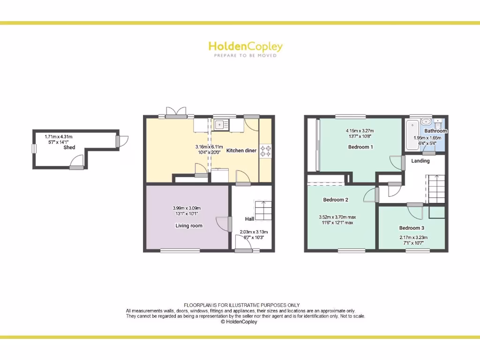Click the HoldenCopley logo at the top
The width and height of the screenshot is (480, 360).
coord(245,46)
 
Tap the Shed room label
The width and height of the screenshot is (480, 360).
coord(69,147)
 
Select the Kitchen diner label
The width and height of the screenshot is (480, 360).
coord(241,150)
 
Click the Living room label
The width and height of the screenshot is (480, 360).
coord(189,225)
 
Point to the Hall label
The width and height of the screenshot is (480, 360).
coord(249,219)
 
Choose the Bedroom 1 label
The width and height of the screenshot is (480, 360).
coord(360,147)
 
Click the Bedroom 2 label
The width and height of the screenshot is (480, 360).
coord(336,200)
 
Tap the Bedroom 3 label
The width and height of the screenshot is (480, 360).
coord(412,228)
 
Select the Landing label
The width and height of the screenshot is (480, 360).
coord(420,161)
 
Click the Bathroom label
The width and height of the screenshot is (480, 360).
coord(435,131)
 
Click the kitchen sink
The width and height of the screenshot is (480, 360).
coord(220,125)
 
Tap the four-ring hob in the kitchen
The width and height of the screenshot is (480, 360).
coord(266,151)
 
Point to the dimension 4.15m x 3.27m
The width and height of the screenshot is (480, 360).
coord(360,131)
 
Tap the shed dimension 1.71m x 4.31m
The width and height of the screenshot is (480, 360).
coord(59,137)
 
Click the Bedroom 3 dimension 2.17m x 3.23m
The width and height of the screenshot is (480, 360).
coord(412,238)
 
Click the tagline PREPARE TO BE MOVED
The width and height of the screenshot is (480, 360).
coord(245,55)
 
